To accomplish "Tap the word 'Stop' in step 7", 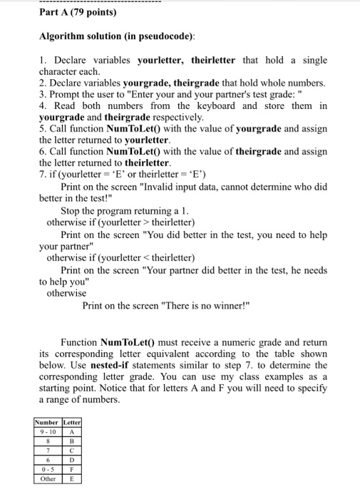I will pyautogui.click(x=72, y=211).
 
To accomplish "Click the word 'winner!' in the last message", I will pyautogui.click(x=229, y=305).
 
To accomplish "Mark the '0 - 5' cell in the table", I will pyautogui.click(x=48, y=470).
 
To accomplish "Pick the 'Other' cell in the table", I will pyautogui.click(x=48, y=479).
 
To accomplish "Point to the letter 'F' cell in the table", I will pyautogui.click(x=73, y=470).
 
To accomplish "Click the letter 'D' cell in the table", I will pyautogui.click(x=73, y=461).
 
